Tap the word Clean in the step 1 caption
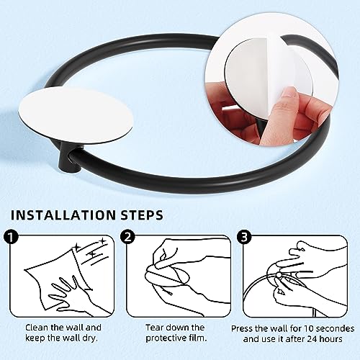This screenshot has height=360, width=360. point(30,328)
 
